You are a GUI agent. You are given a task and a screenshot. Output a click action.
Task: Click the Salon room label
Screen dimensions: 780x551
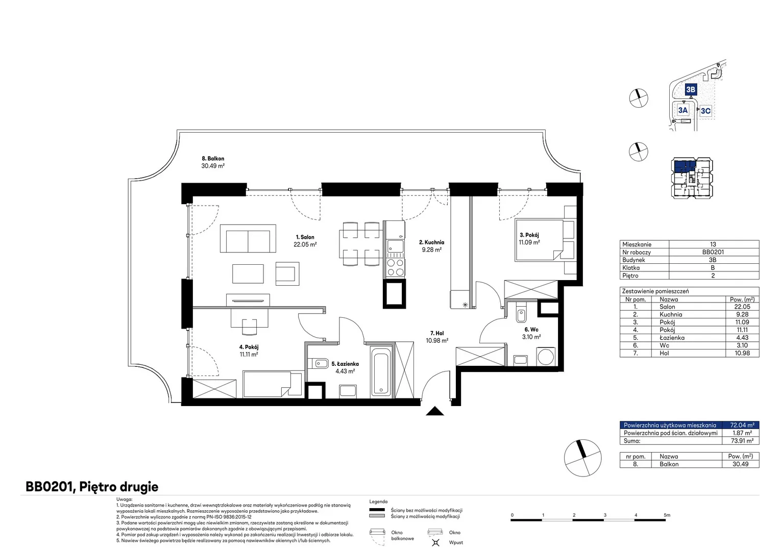[305, 237]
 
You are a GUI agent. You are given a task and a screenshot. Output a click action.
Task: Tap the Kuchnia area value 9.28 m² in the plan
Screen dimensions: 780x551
[431, 249]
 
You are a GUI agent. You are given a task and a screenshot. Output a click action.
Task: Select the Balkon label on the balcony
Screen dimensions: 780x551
[213, 158]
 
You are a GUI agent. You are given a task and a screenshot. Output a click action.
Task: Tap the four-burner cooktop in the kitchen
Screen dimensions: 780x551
[395, 267]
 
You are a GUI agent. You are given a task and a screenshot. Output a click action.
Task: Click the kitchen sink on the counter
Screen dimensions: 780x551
[395, 246]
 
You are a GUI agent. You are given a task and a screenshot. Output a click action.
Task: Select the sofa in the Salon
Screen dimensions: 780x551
[248, 238]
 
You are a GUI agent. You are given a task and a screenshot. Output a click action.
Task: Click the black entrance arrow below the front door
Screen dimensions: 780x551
[434, 411]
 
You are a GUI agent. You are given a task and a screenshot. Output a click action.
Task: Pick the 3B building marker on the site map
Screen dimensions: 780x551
[691, 89]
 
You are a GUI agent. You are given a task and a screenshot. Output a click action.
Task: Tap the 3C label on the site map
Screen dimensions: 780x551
[705, 111]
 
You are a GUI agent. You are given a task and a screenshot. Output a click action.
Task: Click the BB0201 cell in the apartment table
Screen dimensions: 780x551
[713, 252]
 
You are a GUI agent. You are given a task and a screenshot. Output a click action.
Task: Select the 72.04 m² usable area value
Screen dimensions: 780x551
[742, 425]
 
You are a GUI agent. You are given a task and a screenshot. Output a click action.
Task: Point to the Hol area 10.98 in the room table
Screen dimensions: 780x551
[742, 353]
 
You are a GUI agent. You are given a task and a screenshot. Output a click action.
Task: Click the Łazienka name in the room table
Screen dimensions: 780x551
[672, 338]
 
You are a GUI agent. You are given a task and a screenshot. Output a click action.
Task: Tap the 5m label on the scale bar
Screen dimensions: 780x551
[667, 515]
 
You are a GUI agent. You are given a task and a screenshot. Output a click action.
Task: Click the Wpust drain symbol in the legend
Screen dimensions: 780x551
[435, 542]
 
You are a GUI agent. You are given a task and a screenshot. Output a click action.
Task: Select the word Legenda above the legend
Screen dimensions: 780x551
[378, 502]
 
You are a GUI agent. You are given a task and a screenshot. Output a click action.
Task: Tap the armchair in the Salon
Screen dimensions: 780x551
[287, 273]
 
